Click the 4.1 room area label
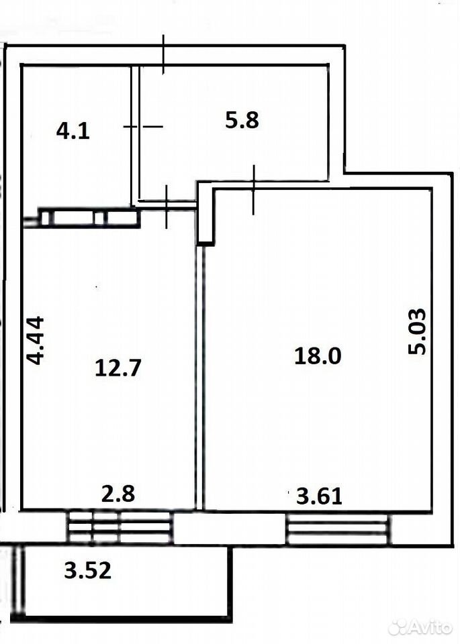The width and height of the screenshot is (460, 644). [x=73, y=131]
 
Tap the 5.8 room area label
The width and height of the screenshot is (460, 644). [x=242, y=121]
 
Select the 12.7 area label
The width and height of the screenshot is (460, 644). [x=118, y=368]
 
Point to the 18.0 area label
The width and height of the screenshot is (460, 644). [x=318, y=356]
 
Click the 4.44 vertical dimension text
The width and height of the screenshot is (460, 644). [x=35, y=340]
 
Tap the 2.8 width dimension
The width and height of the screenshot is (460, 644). [x=118, y=494]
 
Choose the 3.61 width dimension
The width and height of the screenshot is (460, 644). [x=319, y=496]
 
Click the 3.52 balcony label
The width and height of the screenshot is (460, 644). [x=87, y=570]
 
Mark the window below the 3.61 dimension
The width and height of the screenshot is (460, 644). [x=338, y=529]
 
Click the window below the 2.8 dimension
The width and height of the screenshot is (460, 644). [x=120, y=527]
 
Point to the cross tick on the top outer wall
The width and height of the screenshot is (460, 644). [x=163, y=54]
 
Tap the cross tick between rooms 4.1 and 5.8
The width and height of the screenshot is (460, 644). [x=142, y=127]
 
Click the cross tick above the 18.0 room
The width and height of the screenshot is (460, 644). [x=253, y=190]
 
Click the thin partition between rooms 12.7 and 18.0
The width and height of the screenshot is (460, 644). [x=200, y=378]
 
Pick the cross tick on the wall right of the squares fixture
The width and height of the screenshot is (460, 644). [x=167, y=207]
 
